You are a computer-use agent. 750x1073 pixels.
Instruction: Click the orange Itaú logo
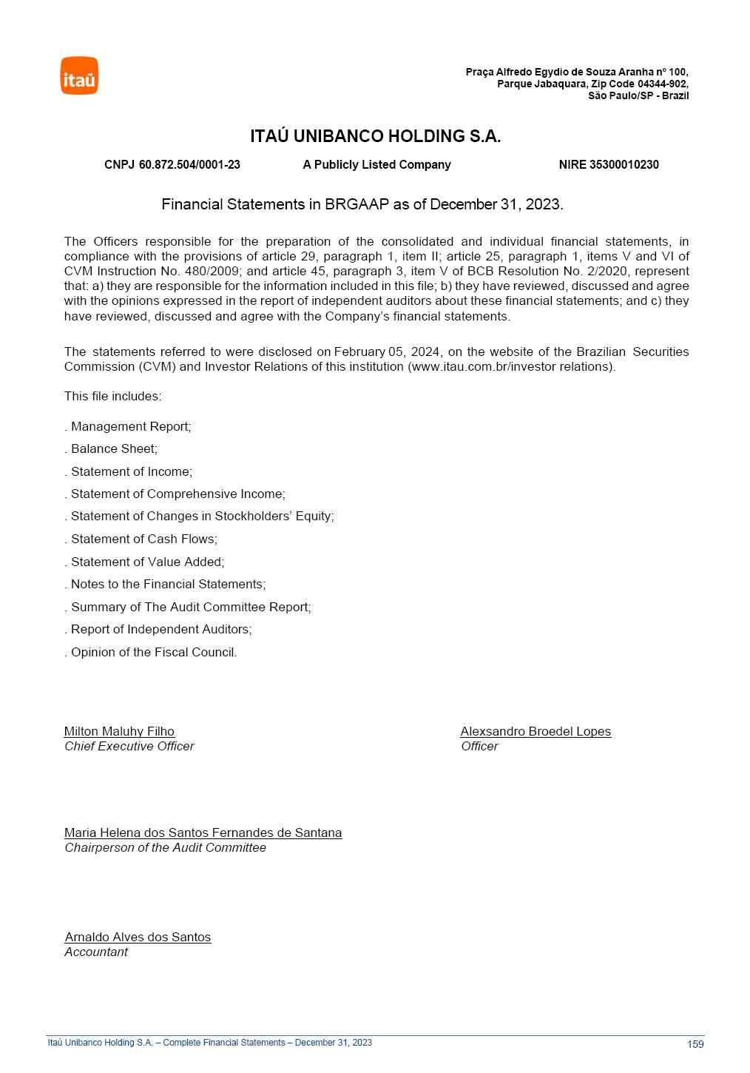[x=79, y=76]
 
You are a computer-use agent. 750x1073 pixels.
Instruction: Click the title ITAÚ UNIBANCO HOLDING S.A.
[x=375, y=136]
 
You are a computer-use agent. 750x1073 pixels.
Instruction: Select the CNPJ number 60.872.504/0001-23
[x=189, y=165]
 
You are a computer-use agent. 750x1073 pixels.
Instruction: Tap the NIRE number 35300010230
[x=624, y=165]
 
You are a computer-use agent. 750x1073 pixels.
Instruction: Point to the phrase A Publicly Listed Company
[x=376, y=165]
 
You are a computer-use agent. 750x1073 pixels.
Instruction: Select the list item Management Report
[x=131, y=426]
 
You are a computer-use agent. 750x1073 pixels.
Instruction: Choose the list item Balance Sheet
[x=114, y=448]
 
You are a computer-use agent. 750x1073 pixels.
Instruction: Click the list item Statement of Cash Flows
[x=143, y=539]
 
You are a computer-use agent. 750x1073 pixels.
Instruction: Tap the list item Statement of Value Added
[x=147, y=562]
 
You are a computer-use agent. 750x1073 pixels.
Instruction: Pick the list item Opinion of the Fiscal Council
[x=154, y=652]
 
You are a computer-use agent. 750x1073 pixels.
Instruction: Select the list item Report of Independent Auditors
[x=161, y=629]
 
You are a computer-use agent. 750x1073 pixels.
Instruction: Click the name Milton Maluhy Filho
[x=119, y=731]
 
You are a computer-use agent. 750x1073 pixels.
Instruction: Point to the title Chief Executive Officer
[x=129, y=746]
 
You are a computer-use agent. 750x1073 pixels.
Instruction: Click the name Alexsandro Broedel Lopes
[x=536, y=731]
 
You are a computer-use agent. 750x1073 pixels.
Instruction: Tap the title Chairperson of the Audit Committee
[x=165, y=847]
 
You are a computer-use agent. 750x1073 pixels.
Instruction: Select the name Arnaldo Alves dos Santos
[x=138, y=937]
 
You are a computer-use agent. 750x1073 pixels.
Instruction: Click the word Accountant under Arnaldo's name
[x=96, y=952]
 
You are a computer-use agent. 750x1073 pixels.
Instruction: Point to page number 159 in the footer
[x=695, y=1044]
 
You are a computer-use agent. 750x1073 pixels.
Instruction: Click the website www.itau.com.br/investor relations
[x=511, y=366]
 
